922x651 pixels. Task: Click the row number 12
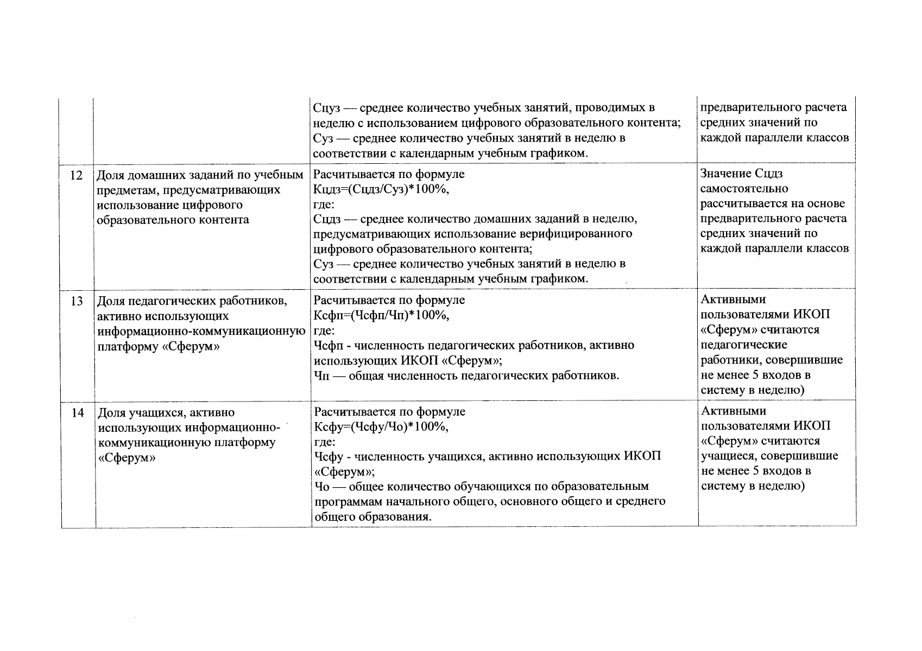[x=77, y=175]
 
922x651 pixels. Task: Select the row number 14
[x=78, y=413]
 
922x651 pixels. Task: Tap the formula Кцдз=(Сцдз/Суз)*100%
[x=382, y=189]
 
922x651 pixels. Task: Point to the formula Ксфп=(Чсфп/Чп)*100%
[x=382, y=315]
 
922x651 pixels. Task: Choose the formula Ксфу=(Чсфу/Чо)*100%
[x=382, y=426]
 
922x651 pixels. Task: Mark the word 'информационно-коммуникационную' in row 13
[x=201, y=331]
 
